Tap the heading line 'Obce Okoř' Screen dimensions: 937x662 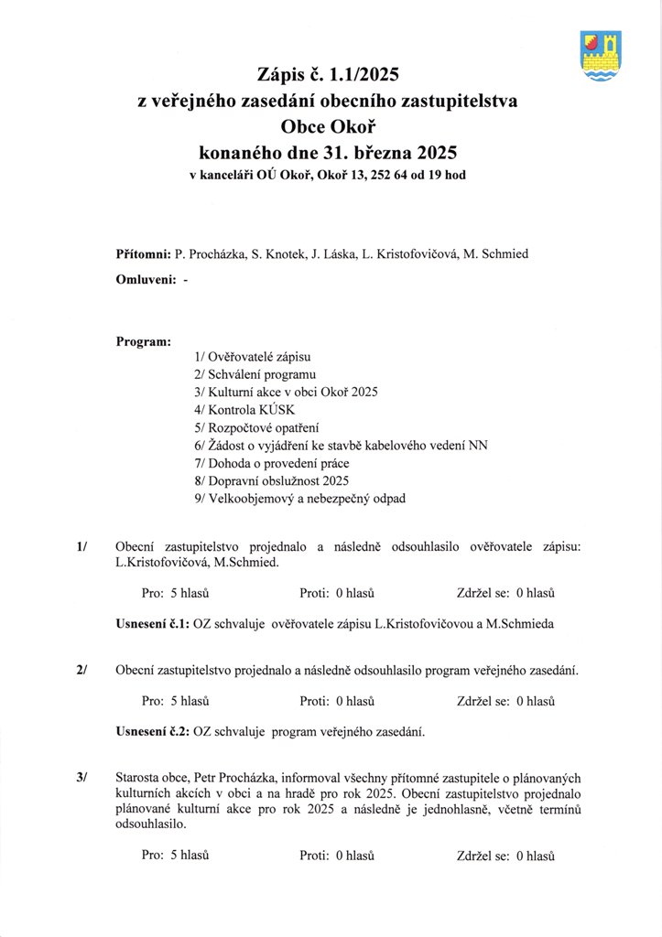click(326, 126)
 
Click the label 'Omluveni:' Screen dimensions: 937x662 click(147, 282)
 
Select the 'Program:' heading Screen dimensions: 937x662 click(144, 341)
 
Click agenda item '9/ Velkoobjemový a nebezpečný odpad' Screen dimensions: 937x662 click(299, 498)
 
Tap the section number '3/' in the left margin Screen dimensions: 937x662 click(83, 777)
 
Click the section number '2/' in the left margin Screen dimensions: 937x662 click(83, 671)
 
